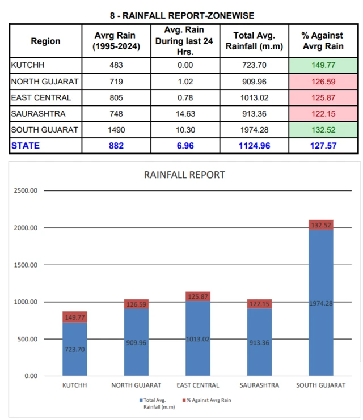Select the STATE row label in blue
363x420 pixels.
pos(26,146)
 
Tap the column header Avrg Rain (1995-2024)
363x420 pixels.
pos(116,41)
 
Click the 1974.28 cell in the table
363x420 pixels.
pos(254,130)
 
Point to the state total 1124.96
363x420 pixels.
pos(254,146)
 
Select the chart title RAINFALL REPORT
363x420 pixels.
pos(184,175)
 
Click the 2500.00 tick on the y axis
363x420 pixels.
pos(26,191)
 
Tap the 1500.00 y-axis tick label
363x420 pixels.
pos(26,265)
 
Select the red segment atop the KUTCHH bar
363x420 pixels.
pos(74,317)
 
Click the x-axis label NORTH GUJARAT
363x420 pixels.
pos(136,385)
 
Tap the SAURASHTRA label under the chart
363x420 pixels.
pos(259,385)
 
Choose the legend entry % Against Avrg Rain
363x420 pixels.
pos(208,400)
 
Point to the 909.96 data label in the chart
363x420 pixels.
pos(136,342)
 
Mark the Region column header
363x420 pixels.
pos(45,41)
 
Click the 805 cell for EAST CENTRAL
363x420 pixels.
pos(116,97)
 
